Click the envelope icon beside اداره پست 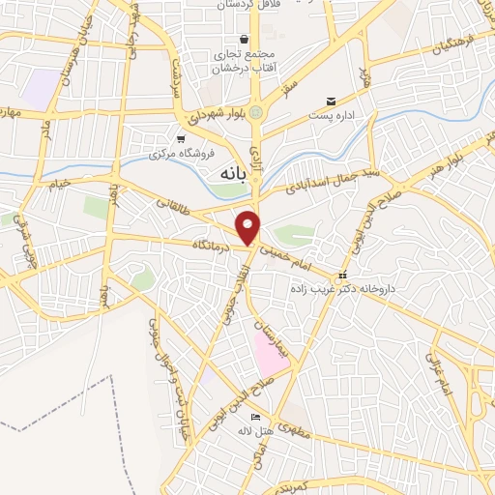(332, 101)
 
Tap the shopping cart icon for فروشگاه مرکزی (180, 138)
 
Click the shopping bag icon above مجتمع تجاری (244, 39)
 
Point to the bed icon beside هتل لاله (255, 416)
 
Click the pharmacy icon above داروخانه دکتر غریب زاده (342, 276)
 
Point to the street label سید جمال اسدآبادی (340, 177)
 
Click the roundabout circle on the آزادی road (256, 113)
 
